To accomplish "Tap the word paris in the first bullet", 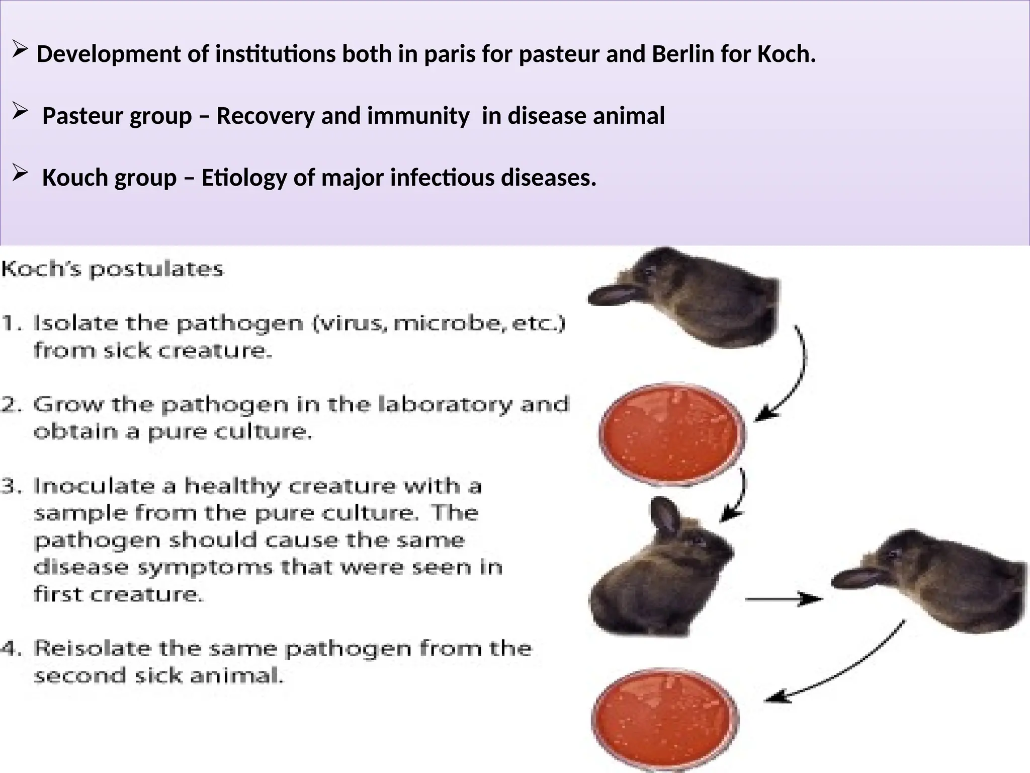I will pyautogui.click(x=449, y=54).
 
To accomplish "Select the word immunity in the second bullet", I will pyautogui.click(x=418, y=116).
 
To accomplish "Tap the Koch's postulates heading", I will pyautogui.click(x=112, y=269).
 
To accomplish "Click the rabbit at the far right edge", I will pyautogui.click(x=935, y=579).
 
